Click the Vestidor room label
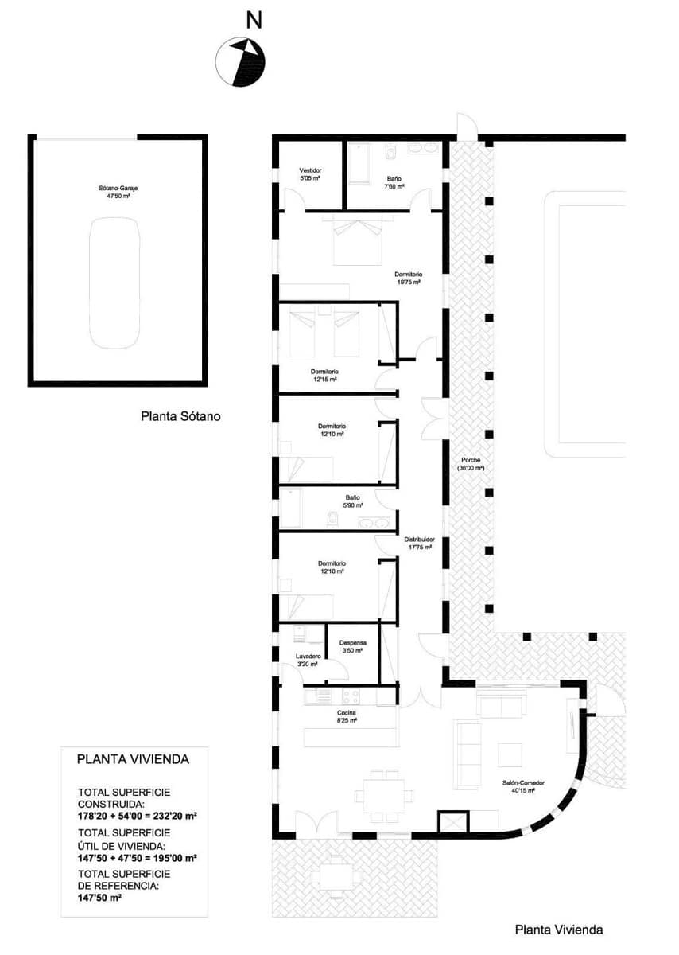[310, 174]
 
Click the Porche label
[471, 465]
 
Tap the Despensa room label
[351, 646]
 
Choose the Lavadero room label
[308, 660]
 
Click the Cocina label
[347, 716]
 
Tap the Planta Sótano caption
[180, 415]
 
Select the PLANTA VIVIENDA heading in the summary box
[133, 759]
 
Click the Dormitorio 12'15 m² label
[325, 376]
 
